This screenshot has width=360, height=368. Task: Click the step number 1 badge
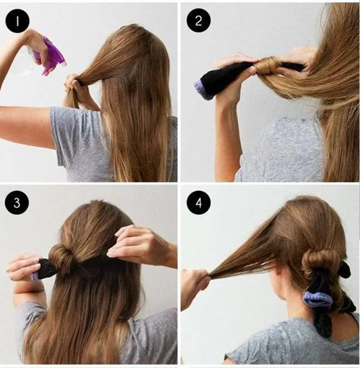point(17,21)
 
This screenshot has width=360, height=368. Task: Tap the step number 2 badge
point(199,20)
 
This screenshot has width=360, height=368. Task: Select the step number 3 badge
point(17,202)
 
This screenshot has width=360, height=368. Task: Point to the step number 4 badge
point(199,202)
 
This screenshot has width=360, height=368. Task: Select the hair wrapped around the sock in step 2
point(268,65)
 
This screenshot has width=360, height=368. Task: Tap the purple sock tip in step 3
point(35,276)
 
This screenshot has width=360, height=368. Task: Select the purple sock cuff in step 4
point(317,299)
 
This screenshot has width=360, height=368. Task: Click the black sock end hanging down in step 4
point(322,322)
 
